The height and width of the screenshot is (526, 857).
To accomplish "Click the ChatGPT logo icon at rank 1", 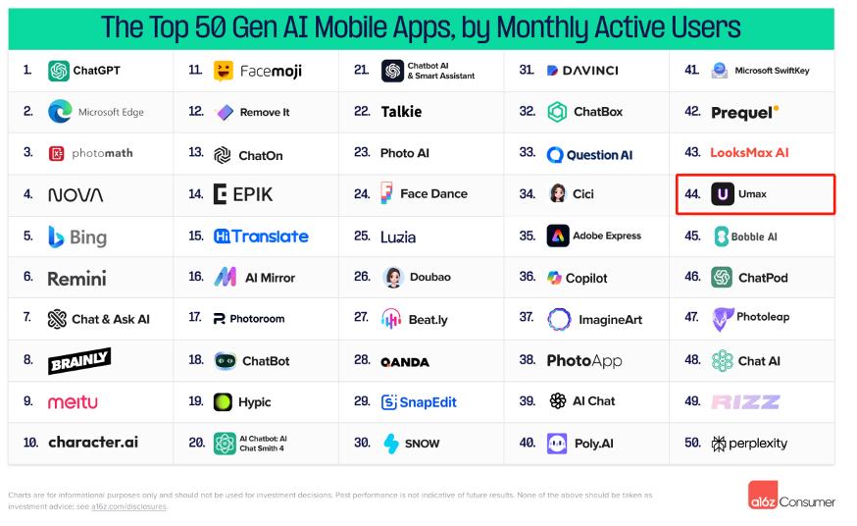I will [x=59, y=71].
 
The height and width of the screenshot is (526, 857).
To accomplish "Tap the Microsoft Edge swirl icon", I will [x=59, y=112].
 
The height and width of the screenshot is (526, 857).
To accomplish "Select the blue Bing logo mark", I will [x=56, y=237].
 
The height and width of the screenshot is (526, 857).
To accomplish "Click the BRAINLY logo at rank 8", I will [x=79, y=360].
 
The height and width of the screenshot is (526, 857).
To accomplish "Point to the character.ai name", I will [x=93, y=443].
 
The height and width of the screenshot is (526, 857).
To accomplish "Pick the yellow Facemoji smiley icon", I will [x=224, y=71].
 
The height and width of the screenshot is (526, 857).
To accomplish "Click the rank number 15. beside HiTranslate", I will [x=195, y=237].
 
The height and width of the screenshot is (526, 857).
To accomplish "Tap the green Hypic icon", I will [x=224, y=401].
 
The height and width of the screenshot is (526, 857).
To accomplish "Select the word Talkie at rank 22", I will [x=401, y=112].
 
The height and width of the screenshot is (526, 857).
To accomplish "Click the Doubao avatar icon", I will [x=393, y=278].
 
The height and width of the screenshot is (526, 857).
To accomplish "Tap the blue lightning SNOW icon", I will [x=391, y=443].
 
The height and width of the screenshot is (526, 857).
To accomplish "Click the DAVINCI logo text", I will [x=589, y=71].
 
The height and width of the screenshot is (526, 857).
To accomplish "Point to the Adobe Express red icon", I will [x=557, y=237].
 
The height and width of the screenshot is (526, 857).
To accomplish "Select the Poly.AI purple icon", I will [x=557, y=443].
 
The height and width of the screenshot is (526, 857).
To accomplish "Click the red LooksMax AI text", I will [x=749, y=153].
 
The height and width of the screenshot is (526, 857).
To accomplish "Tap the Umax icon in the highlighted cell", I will [x=723, y=194].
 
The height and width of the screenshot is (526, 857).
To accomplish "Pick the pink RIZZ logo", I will [x=745, y=401].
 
